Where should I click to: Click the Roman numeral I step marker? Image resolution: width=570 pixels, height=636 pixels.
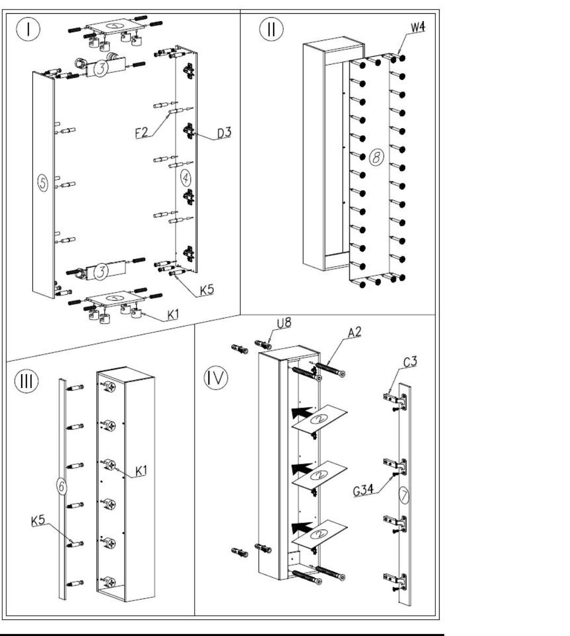28,29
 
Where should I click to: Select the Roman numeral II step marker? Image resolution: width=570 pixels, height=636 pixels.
271,29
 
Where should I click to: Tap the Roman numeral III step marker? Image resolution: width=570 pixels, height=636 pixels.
27,381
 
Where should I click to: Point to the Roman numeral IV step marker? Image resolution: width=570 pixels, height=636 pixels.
216,378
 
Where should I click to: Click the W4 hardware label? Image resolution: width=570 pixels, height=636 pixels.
418,28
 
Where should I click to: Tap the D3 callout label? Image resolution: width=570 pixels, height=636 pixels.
224,133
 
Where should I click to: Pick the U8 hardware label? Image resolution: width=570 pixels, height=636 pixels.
284,323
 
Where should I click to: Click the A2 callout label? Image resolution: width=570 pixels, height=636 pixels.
355,332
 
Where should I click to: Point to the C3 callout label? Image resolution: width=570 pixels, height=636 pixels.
410,362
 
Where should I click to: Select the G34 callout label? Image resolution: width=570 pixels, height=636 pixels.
363,490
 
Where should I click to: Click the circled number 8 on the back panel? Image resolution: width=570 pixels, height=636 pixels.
376,157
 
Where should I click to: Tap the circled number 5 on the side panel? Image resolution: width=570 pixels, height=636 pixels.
43,183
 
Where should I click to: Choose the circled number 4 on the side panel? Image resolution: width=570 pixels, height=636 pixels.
186,178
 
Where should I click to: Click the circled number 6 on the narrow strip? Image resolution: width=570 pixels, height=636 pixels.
62,486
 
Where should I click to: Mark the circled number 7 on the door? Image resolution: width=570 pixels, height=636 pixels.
404,496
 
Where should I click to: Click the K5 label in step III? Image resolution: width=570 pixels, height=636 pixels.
38,520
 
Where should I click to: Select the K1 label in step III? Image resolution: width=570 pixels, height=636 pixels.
141,471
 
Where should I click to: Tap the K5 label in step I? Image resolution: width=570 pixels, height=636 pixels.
207,290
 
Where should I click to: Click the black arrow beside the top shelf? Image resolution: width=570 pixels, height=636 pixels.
302,412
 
